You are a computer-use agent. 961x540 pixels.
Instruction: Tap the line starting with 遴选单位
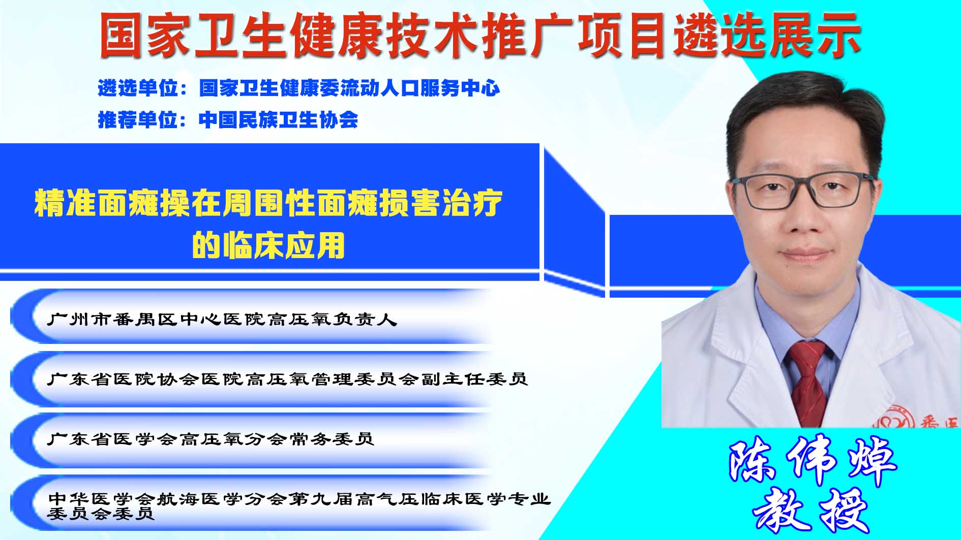tap(299, 88)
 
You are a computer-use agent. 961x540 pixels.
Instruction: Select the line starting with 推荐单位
tap(228, 120)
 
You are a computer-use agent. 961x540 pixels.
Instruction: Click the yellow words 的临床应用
tap(268, 245)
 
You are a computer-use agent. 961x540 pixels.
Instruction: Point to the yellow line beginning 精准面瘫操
tap(268, 203)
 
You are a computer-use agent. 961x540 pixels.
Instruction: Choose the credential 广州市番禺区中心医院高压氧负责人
tap(222, 319)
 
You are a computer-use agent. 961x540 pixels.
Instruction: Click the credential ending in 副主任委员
tap(287, 378)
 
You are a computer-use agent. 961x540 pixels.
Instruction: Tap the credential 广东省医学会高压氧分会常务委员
tap(211, 438)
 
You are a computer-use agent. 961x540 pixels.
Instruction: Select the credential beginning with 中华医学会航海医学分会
tap(299, 505)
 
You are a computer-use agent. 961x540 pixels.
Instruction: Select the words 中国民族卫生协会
tap(279, 120)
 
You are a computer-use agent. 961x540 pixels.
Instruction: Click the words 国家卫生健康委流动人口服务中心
tap(350, 88)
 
